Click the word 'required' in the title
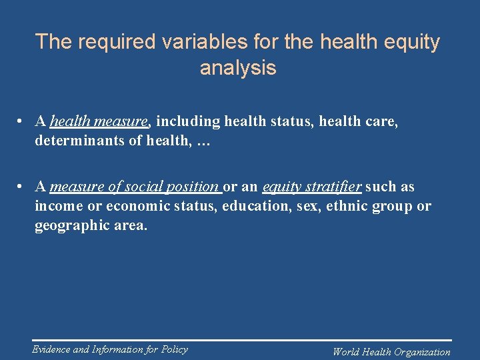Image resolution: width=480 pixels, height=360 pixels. click(x=117, y=42)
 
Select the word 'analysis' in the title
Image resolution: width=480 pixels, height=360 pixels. click(x=238, y=68)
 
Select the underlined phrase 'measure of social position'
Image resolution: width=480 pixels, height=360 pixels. click(x=135, y=187)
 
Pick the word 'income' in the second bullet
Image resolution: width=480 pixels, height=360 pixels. click(x=58, y=206)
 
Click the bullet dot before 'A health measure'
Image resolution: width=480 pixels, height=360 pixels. click(x=22, y=122)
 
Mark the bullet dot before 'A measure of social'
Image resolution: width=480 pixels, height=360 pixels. click(x=22, y=187)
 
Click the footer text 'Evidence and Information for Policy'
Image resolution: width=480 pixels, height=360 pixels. click(x=110, y=349)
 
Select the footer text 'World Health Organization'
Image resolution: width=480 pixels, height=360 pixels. click(x=391, y=352)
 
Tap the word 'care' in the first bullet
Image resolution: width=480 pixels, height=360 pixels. click(x=381, y=121)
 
